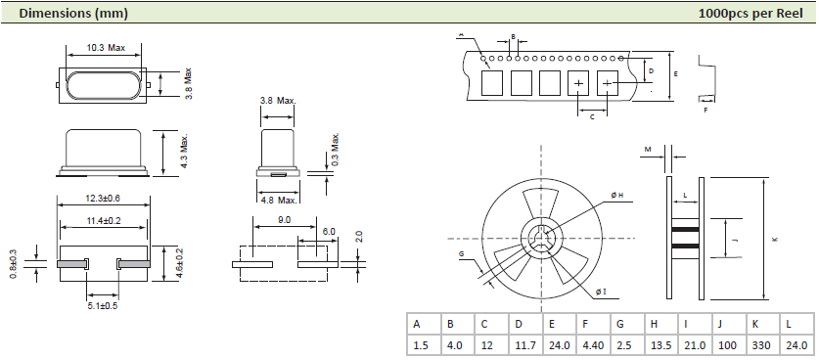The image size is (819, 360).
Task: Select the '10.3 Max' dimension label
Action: [x=106, y=48]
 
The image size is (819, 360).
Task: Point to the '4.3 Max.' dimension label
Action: [x=184, y=152]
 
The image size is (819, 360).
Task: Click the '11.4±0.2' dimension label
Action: [x=104, y=222]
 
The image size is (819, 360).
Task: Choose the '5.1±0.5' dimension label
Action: [x=104, y=305]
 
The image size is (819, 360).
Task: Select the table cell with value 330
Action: [x=759, y=345]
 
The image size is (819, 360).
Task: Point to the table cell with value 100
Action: [x=725, y=345]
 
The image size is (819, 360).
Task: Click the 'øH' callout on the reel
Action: [x=617, y=197]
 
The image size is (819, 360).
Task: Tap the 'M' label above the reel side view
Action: [x=648, y=149]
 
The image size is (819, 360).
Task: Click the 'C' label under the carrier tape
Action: [x=592, y=116]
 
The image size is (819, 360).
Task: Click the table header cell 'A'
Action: [x=418, y=324]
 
